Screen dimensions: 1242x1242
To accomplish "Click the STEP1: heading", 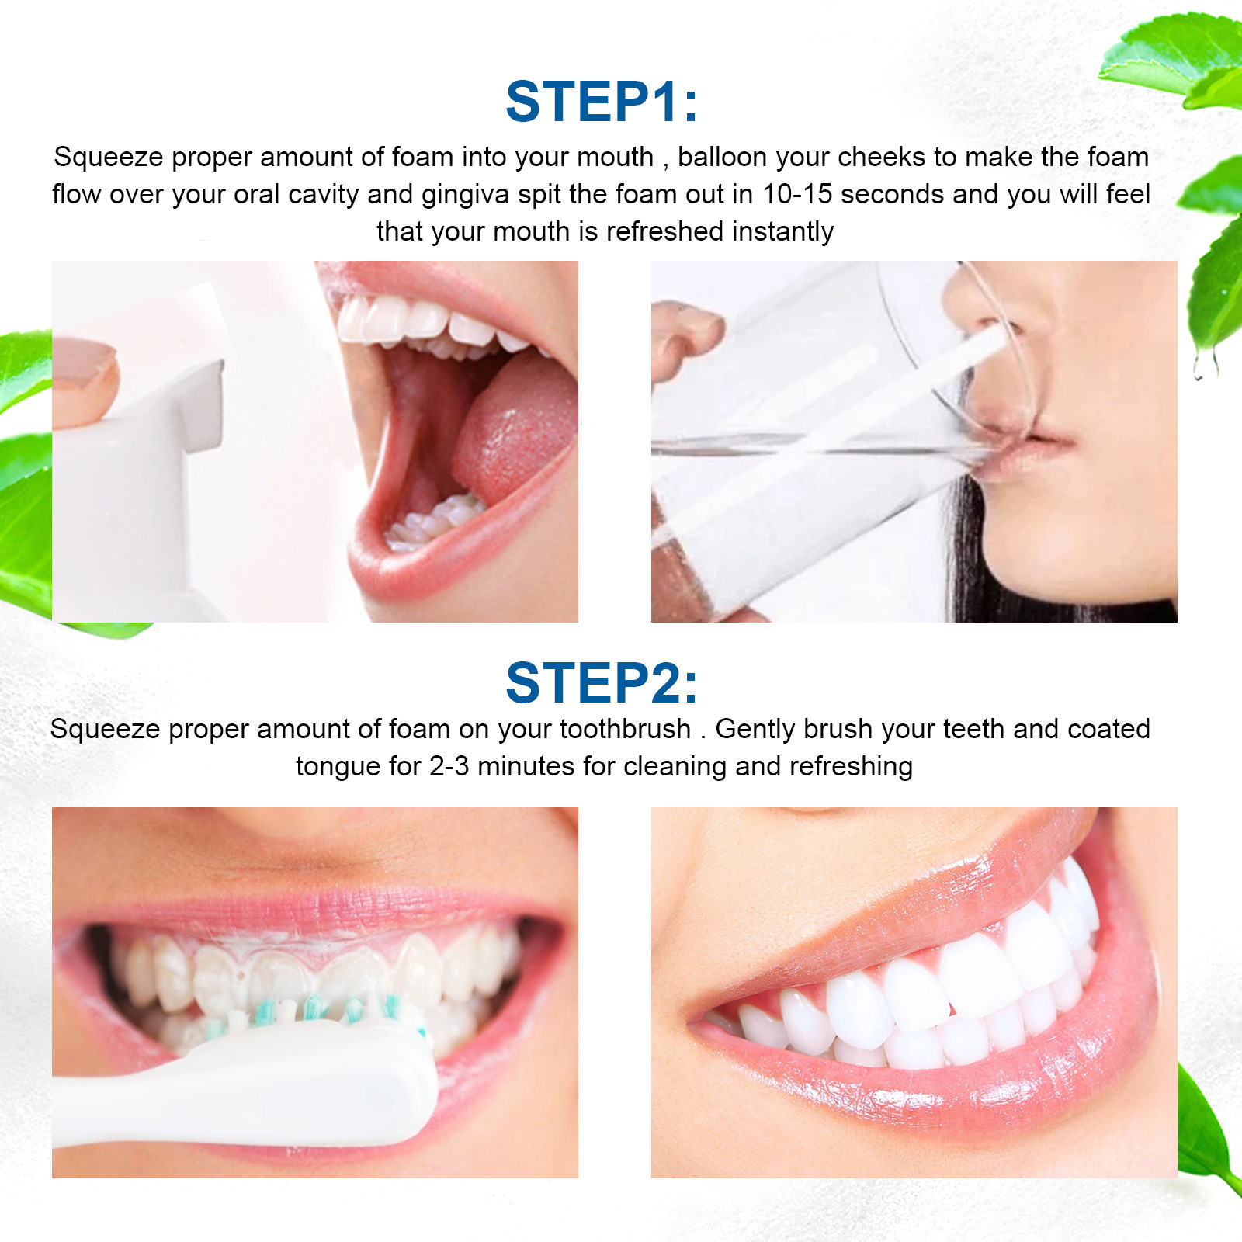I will point(602,102).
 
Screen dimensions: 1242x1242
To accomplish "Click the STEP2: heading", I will point(602,683).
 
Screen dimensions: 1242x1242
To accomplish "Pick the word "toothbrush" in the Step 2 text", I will point(625,730).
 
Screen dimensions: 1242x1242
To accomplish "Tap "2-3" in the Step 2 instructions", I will point(449,767).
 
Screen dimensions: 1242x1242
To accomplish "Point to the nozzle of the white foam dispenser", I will point(203,404).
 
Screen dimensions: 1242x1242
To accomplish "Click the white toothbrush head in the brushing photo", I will point(326,1071).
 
